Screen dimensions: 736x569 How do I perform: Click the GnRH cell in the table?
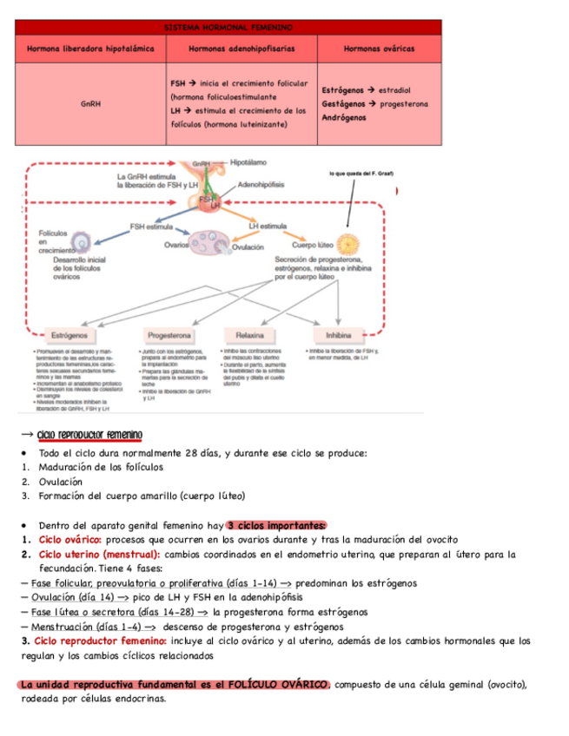click(x=90, y=104)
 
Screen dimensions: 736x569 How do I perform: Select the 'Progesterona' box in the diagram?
click(x=169, y=333)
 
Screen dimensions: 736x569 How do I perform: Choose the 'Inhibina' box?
click(x=338, y=333)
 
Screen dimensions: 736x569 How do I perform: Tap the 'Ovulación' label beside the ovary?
click(x=248, y=247)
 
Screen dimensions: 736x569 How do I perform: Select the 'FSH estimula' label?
click(x=152, y=227)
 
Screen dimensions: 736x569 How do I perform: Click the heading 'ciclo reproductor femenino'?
click(x=89, y=435)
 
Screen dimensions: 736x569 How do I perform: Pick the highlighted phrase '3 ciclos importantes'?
click(x=276, y=524)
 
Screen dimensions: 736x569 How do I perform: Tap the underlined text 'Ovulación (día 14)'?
click(x=78, y=596)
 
